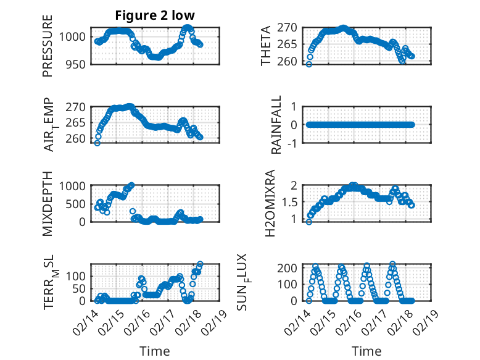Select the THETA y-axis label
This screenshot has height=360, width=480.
[266, 46]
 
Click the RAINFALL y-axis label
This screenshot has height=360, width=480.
[277, 125]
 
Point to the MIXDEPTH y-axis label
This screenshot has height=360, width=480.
[48, 203]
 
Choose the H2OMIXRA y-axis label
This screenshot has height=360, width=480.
[270, 203]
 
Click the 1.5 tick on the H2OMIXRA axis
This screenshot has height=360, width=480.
[291, 202]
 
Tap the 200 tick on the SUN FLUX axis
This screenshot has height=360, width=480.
[289, 267]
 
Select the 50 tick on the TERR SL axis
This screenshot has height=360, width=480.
[81, 288]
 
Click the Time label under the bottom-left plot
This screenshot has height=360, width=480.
[155, 351]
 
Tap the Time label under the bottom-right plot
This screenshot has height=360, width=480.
[367, 351]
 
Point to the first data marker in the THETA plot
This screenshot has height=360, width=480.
[309, 64]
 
